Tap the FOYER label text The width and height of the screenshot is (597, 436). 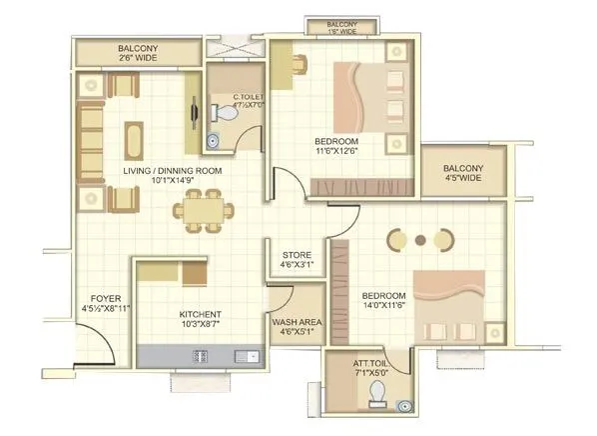[x=107, y=299]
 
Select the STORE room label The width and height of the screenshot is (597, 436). [x=298, y=255]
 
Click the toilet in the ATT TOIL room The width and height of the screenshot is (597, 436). [x=376, y=392]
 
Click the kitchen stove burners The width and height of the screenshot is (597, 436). [x=200, y=355]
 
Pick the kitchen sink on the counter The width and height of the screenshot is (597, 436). [x=243, y=355]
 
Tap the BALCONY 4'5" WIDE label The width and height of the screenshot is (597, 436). [x=463, y=173]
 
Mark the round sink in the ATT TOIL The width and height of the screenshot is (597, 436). [x=404, y=405]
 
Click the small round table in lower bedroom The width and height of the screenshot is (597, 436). [x=420, y=240]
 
